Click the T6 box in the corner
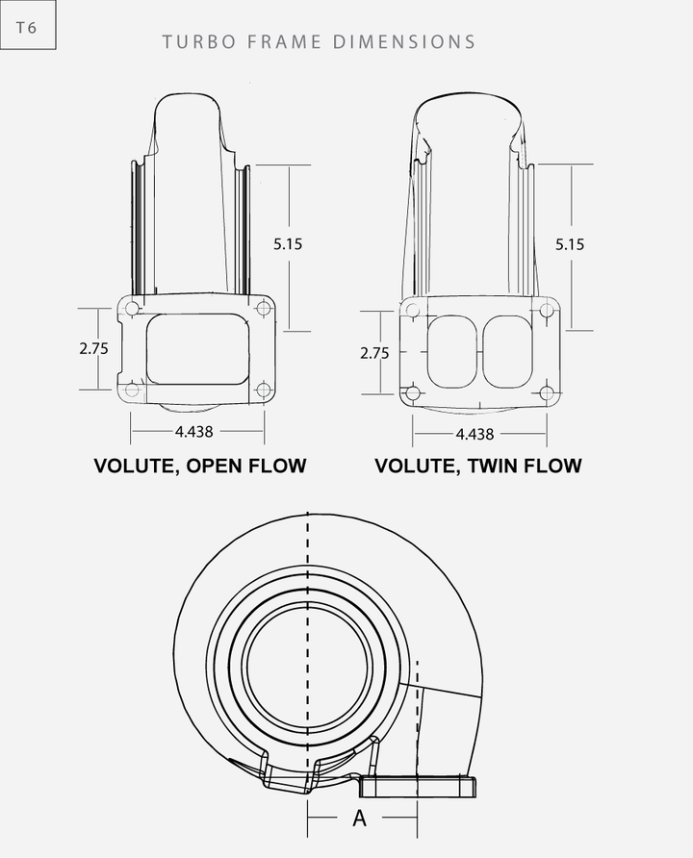point(27,28)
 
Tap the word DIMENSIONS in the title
point(404,41)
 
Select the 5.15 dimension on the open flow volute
point(287,244)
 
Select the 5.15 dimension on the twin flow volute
point(569,244)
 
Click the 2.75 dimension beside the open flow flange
point(93,349)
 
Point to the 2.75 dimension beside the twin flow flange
point(373,353)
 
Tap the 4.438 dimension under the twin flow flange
point(475,434)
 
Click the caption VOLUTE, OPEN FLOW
point(199,467)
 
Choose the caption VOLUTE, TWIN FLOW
point(478,467)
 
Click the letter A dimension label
point(360,819)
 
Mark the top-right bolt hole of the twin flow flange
point(547,310)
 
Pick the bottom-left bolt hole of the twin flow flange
point(412,392)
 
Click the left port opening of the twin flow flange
point(450,351)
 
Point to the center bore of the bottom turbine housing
point(308,664)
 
